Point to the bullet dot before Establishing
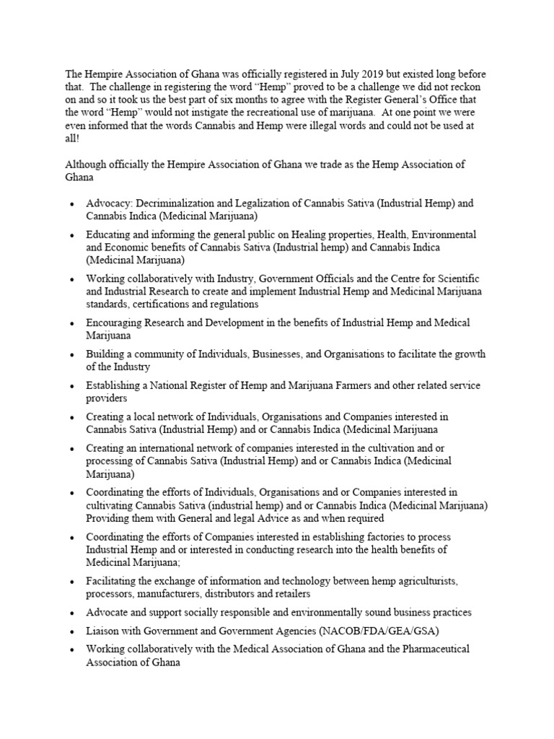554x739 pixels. (x=72, y=386)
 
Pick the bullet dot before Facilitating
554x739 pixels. (x=72, y=582)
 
